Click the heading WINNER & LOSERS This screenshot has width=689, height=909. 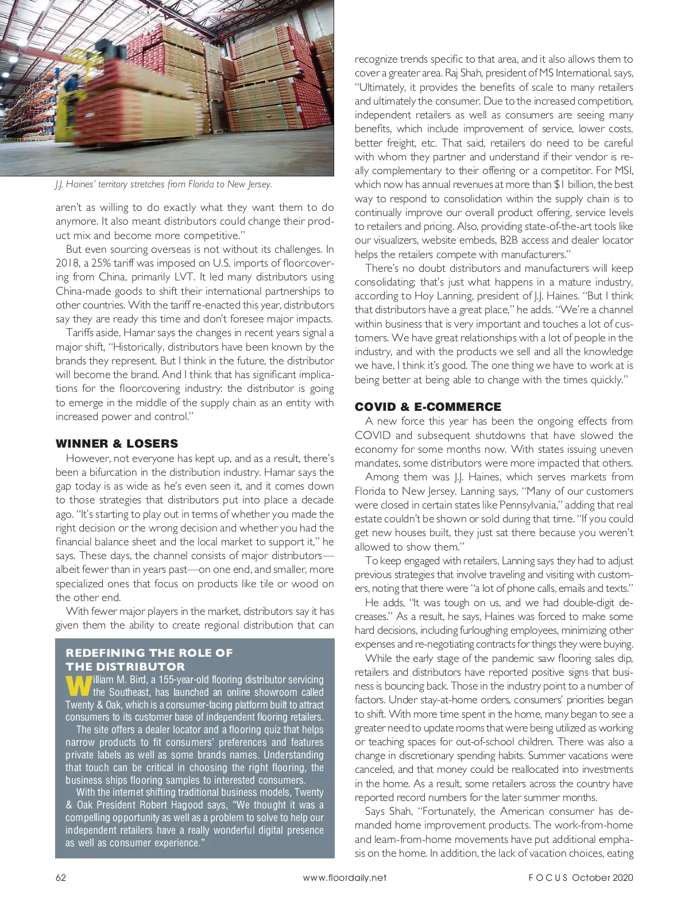pos(117,444)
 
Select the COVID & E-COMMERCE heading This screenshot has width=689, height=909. pos(428,407)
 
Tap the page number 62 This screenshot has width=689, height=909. pos(61,877)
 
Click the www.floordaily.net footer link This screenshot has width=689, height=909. pos(344,877)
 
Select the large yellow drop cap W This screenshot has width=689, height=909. pos(78,686)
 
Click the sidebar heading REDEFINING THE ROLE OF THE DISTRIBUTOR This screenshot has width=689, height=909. pos(149,660)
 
